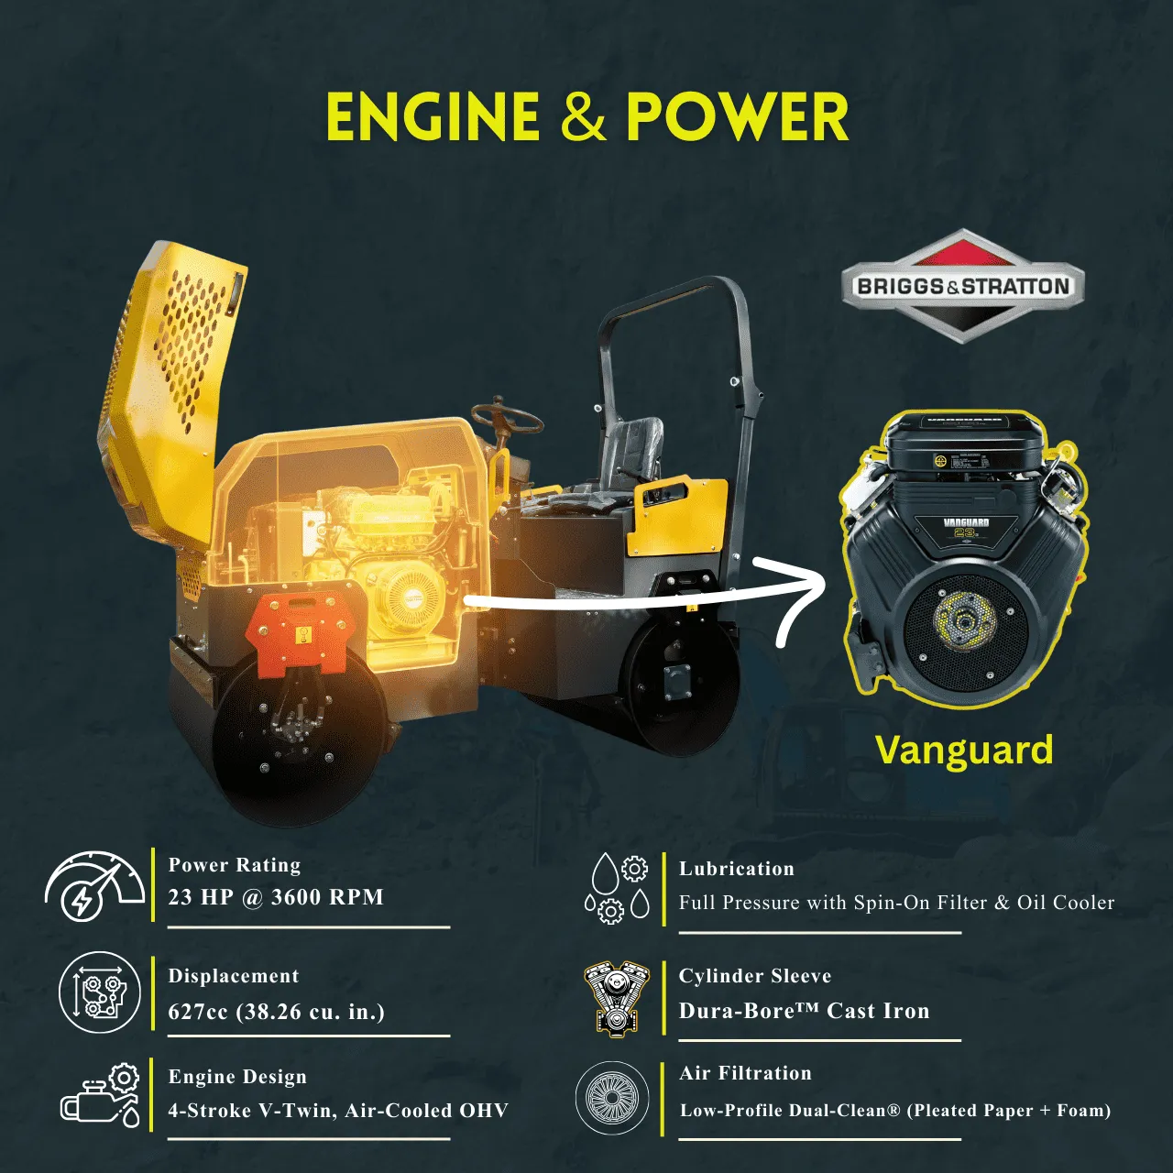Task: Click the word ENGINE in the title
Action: (x=433, y=117)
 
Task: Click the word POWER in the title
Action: (x=737, y=117)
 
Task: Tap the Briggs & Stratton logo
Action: (x=962, y=286)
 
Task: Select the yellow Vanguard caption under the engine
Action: (x=964, y=750)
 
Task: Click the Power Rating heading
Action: (x=235, y=865)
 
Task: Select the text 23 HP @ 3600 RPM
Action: (x=276, y=897)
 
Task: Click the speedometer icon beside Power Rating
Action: (x=94, y=886)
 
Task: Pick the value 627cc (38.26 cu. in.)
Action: (x=276, y=1012)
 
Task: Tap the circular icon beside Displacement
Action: (x=100, y=993)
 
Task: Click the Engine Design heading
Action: (x=237, y=1077)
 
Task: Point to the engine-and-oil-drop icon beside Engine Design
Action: (x=101, y=1096)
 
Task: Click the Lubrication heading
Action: (x=737, y=869)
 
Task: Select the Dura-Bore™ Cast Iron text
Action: (x=804, y=1011)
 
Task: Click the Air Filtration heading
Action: (x=745, y=1073)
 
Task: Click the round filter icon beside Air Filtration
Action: (x=611, y=1098)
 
